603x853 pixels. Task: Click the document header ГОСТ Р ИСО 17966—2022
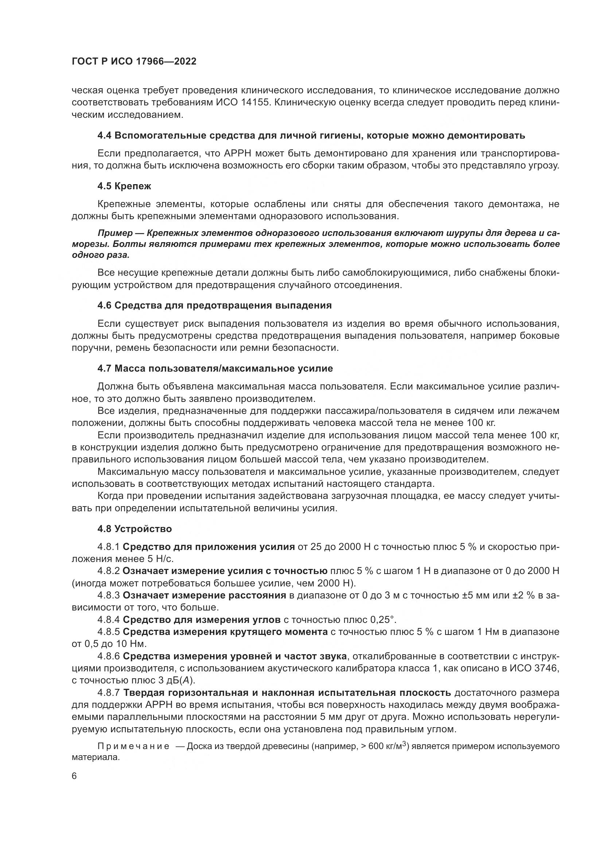click(134, 62)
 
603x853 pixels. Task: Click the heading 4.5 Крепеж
click(124, 186)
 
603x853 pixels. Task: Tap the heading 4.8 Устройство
click(135, 529)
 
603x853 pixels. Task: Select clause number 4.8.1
click(108, 547)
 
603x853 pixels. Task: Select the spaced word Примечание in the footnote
click(133, 747)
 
